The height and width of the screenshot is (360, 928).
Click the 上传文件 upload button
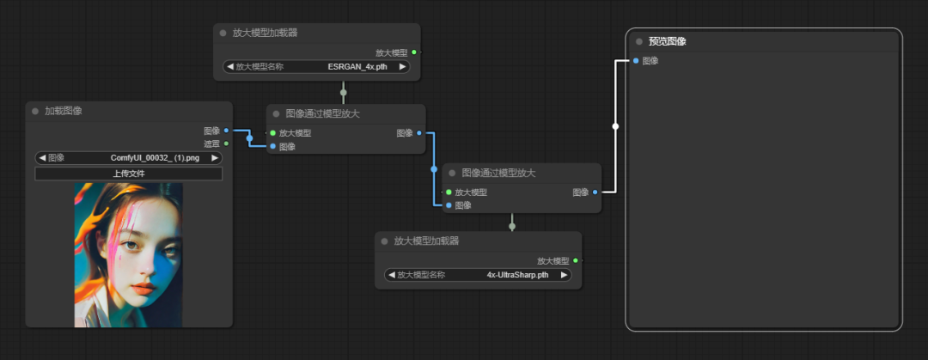128,174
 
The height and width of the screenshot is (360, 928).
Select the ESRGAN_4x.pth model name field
316,67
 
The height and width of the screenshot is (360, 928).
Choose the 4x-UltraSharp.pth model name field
478,275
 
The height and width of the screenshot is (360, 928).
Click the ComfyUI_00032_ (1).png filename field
128,158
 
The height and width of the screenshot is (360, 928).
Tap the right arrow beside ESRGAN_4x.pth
402,67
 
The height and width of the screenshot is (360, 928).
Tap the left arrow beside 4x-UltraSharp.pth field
391,275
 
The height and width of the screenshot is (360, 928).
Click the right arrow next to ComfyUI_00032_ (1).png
215,158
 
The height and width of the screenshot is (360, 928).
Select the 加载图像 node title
64,112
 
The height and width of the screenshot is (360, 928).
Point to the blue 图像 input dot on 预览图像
636,60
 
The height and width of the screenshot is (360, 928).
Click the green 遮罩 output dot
226,143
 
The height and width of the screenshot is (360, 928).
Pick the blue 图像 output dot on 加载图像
226,131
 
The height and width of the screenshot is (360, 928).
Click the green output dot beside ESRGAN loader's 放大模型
413,52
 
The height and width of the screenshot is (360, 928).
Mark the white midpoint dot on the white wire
615,126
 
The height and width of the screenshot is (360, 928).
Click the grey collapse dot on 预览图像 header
639,41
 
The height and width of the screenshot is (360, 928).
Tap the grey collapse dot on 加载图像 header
35,112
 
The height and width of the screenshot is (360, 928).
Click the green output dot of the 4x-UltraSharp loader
575,260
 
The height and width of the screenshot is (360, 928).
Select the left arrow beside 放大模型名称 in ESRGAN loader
229,67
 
